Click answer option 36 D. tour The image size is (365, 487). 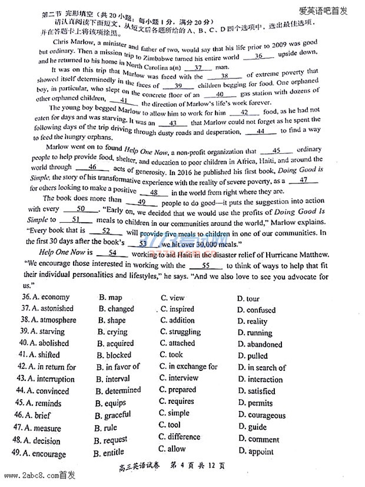(x=248, y=299)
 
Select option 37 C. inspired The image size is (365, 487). (x=177, y=309)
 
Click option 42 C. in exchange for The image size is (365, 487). (x=188, y=366)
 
